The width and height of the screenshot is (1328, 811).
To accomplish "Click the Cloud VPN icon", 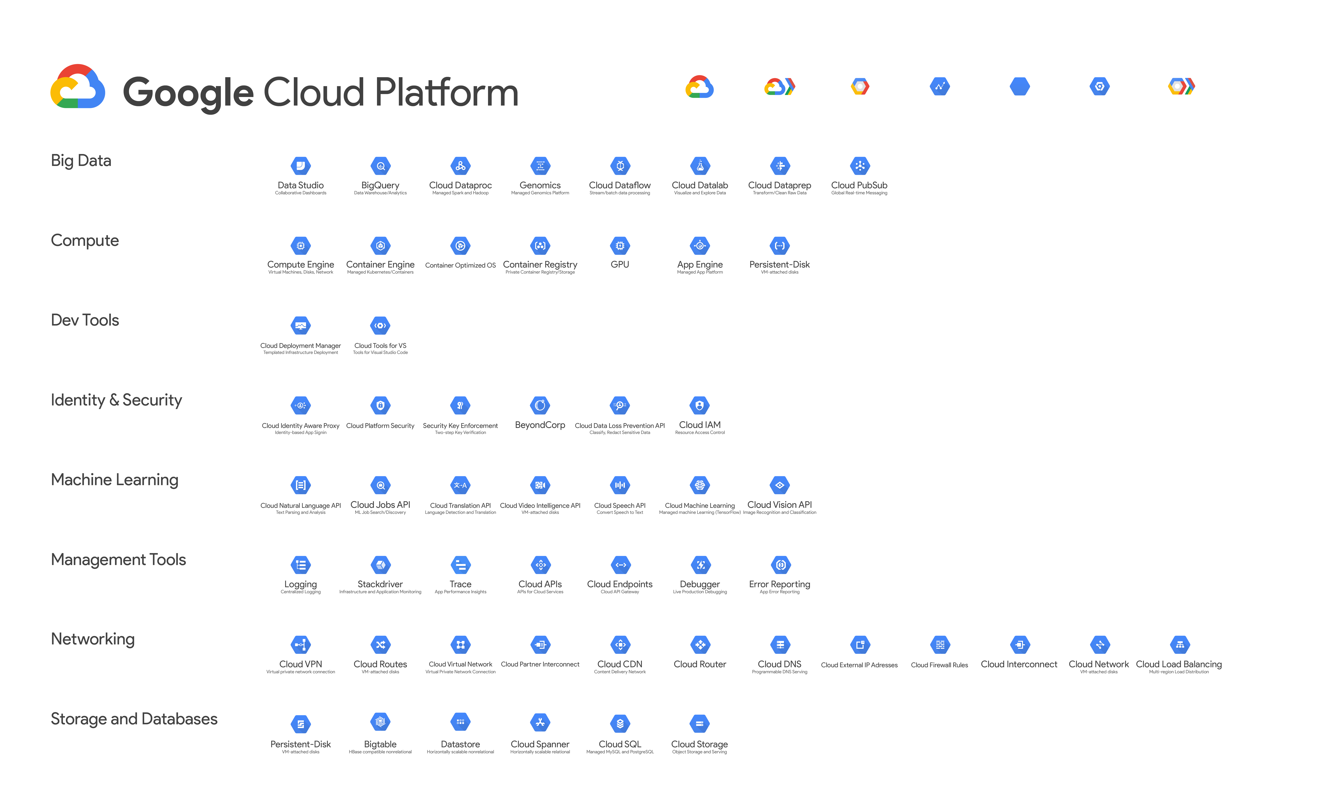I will pyautogui.click(x=301, y=644).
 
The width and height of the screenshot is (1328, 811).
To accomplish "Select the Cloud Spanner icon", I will pyautogui.click(x=540, y=723).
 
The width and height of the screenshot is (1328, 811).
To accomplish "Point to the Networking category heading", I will pyautogui.click(x=93, y=639).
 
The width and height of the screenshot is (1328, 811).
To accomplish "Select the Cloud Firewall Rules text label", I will pyautogui.click(x=939, y=665).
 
